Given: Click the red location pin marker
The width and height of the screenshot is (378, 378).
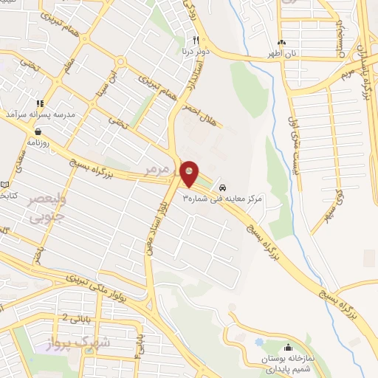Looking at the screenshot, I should [190, 174].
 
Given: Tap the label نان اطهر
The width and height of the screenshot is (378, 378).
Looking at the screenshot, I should [282, 55].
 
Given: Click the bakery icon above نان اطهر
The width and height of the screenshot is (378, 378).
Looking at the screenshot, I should [281, 42].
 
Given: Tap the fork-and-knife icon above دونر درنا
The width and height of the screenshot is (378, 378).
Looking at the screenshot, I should [196, 41].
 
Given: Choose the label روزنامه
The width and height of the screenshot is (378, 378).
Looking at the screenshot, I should [38, 142].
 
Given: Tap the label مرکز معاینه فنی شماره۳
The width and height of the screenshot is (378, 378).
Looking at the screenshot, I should [233, 199].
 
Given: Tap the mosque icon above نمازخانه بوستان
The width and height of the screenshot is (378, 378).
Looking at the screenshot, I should [288, 347].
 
